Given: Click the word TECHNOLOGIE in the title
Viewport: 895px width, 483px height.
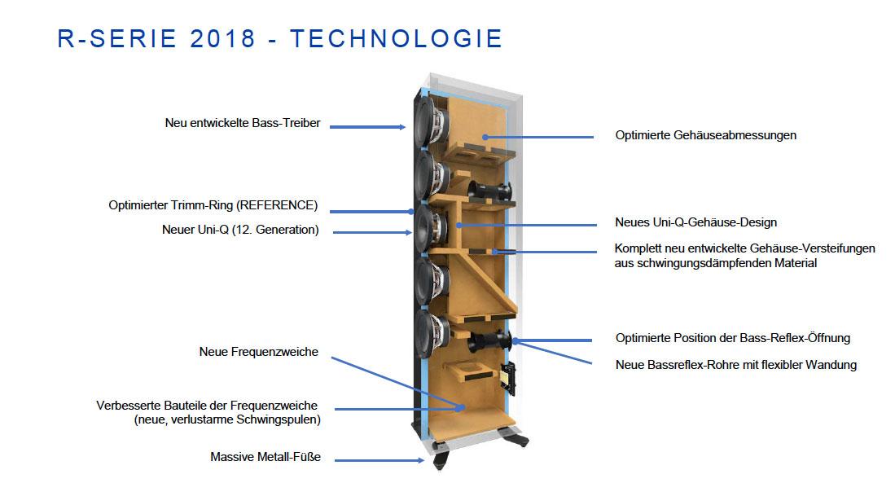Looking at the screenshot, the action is [396, 39].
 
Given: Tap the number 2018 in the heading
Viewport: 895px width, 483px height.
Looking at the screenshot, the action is [222, 39].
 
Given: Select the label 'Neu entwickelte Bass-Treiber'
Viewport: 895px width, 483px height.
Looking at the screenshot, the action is [243, 123].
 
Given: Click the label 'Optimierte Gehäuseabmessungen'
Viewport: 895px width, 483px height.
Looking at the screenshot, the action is [705, 135].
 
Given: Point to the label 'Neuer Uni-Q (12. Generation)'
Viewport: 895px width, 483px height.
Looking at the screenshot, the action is [240, 230].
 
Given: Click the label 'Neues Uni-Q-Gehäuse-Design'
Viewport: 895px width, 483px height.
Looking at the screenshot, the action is [695, 222].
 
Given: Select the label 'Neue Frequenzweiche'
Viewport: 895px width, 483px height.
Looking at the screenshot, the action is [259, 352].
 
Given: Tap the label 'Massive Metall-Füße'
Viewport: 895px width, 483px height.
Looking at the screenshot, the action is [265, 457].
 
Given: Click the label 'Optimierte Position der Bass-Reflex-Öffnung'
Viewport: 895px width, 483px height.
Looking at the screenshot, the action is [733, 338].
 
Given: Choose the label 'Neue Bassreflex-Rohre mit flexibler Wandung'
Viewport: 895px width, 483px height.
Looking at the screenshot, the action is [735, 365].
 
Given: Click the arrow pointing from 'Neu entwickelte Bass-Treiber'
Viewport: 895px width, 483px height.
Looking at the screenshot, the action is [367, 127].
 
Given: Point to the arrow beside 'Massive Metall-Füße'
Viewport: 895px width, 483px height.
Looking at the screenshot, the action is [379, 460].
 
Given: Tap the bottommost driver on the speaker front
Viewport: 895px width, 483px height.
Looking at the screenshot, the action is [431, 335].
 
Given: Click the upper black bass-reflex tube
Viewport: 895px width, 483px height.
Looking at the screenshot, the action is [489, 191].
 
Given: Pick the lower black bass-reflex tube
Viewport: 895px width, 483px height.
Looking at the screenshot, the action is [489, 341].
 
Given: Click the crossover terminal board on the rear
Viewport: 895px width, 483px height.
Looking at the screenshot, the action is [507, 379].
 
